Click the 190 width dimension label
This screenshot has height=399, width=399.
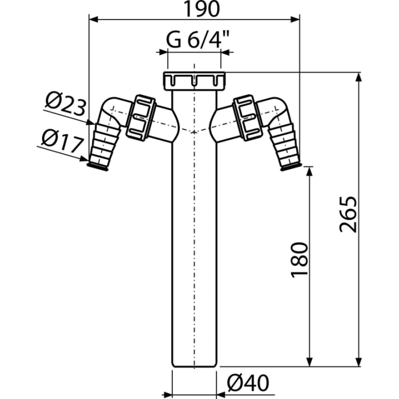[201, 9]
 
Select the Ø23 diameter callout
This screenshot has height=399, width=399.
[65, 104]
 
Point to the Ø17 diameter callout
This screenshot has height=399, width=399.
[62, 141]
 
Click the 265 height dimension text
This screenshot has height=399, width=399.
[349, 214]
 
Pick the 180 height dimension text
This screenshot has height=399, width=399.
[299, 260]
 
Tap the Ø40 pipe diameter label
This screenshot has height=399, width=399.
[248, 383]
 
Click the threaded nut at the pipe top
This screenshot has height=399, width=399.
[195, 81]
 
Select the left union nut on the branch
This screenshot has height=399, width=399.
[141, 117]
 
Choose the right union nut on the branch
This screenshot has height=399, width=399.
[247, 118]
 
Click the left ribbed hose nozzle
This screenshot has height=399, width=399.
[105, 146]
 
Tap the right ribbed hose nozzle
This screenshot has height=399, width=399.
[284, 146]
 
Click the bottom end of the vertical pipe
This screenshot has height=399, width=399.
[195, 366]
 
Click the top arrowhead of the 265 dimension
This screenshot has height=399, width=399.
[359, 77]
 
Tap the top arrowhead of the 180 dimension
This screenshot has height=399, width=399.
[309, 171]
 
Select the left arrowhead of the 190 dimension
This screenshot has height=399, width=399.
[94, 19]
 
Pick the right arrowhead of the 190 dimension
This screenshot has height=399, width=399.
[295, 19]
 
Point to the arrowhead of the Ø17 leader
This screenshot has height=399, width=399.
[84, 159]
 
